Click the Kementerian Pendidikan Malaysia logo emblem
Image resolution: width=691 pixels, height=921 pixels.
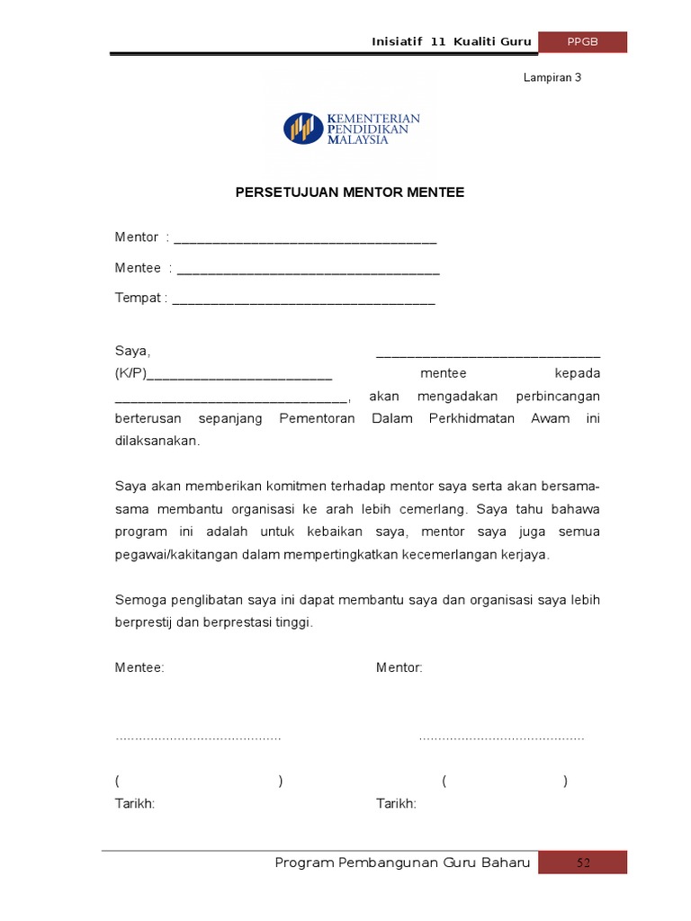[303, 128]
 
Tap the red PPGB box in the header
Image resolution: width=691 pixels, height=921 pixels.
[582, 42]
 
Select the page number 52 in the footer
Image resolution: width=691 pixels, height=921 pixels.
[583, 863]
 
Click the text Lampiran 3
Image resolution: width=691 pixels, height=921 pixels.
[552, 77]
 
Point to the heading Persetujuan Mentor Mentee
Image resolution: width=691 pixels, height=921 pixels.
[350, 192]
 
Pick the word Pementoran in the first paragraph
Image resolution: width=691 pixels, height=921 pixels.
[318, 419]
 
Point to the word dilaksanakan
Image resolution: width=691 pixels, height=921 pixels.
[157, 442]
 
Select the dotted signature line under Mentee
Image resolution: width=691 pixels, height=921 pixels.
[198, 738]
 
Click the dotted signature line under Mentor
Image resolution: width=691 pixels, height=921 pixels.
[501, 738]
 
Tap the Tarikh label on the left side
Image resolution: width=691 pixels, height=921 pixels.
[135, 803]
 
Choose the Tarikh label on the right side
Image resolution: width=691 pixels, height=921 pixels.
[396, 803]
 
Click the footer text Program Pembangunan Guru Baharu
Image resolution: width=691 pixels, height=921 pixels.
[402, 863]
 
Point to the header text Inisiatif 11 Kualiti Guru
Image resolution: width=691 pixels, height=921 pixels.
[452, 42]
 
